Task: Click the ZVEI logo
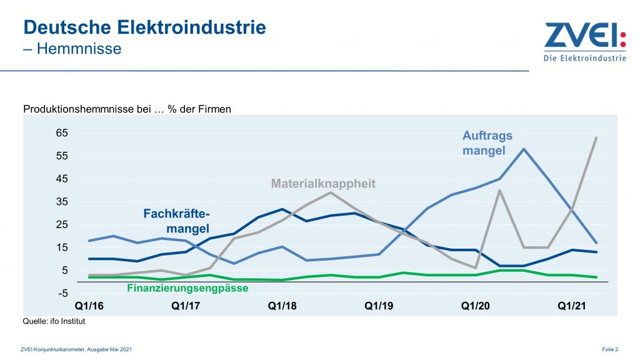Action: pos(584,42)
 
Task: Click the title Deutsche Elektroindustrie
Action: pos(144,27)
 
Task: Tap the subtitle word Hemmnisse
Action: pos(79,48)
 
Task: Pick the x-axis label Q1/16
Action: pos(88,306)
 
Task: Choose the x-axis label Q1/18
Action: pos(281,306)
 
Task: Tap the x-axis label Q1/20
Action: pos(474,306)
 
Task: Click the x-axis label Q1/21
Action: pos(571,306)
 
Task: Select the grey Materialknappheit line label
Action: pos(323,184)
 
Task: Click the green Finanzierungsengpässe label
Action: pos(187,289)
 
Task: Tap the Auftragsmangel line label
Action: pos(487,142)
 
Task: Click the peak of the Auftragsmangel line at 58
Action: pos(524,149)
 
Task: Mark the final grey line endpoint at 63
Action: pos(596,137)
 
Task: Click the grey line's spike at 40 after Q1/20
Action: pos(499,190)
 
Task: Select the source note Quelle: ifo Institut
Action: pos(54,321)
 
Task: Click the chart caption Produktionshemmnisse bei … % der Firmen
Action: pos(127,109)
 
